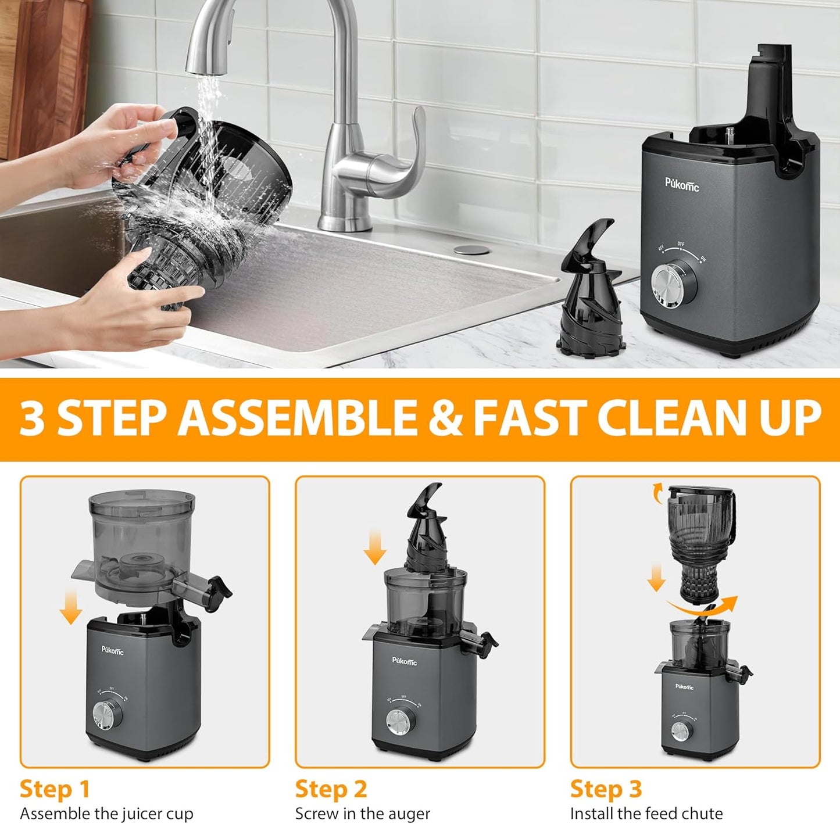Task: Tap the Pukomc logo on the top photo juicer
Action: (682, 185)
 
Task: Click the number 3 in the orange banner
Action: (31, 418)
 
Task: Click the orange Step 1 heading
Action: (55, 789)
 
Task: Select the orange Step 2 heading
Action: (331, 789)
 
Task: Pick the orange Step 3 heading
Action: (606, 789)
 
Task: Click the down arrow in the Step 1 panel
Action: (71, 604)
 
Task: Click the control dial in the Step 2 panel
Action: (398, 719)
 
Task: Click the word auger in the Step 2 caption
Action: (406, 813)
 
